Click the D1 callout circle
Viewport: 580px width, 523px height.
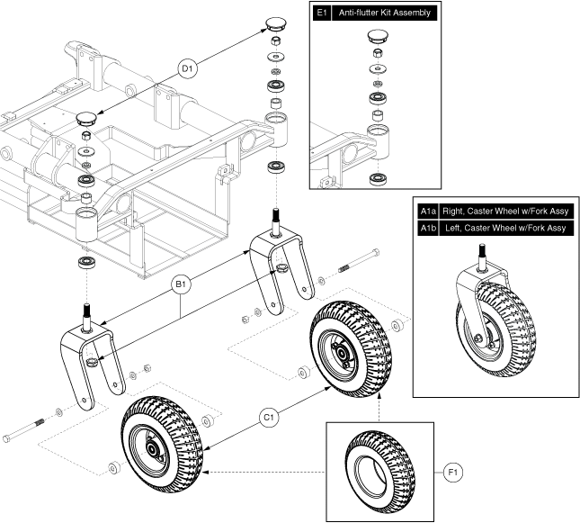[x=188, y=68]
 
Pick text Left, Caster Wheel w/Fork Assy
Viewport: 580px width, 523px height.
[x=504, y=228]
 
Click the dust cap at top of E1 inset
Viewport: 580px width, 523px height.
[x=377, y=38]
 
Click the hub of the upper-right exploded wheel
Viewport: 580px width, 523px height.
[x=342, y=343]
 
